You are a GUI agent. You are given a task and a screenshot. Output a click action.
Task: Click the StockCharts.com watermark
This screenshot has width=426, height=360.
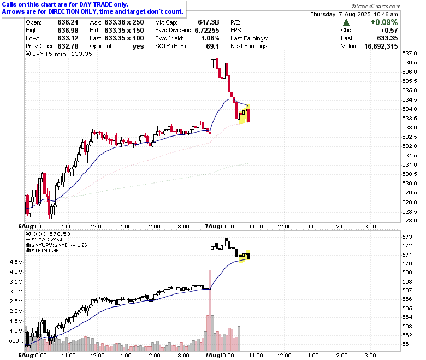[x=376, y=6]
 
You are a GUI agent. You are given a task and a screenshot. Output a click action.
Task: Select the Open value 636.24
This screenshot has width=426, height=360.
[x=68, y=22]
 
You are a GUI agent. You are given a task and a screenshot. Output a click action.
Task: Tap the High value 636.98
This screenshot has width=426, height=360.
[x=68, y=31]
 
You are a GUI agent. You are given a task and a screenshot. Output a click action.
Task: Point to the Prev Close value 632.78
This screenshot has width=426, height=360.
[x=68, y=46]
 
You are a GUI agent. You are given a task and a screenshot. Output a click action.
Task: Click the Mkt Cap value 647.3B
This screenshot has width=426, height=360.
[x=209, y=22]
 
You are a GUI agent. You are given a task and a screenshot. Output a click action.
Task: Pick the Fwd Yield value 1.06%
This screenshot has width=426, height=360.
[x=210, y=38]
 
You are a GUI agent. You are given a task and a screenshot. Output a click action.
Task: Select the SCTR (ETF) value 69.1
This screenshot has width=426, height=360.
[x=212, y=46]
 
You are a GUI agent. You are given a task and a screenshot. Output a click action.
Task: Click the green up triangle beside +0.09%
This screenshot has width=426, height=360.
[x=346, y=22]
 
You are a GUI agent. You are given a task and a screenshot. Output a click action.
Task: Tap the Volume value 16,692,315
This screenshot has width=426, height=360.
[x=381, y=46]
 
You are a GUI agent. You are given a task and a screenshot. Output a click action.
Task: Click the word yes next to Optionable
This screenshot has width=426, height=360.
[x=138, y=46]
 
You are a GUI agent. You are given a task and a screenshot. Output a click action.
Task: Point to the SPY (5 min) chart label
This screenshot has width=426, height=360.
[x=58, y=54]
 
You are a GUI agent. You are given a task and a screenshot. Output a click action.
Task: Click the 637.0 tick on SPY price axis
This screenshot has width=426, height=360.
[x=410, y=53]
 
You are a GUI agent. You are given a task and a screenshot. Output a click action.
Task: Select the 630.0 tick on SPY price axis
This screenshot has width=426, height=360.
[x=410, y=184]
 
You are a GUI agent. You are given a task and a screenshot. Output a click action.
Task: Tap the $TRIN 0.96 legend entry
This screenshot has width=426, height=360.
[x=42, y=251]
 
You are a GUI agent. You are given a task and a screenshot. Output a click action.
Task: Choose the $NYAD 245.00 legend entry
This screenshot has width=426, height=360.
[x=46, y=240]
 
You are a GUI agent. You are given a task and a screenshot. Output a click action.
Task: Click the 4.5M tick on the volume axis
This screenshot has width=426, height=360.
[x=16, y=262]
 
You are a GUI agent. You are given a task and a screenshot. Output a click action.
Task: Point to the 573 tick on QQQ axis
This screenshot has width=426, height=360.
[x=407, y=237]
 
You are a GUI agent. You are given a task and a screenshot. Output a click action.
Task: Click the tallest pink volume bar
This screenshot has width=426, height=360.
[x=210, y=310]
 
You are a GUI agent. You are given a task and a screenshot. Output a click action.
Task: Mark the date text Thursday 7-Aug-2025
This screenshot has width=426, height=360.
[x=340, y=14]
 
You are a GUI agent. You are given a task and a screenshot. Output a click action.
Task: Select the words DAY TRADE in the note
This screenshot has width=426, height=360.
[x=96, y=4]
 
